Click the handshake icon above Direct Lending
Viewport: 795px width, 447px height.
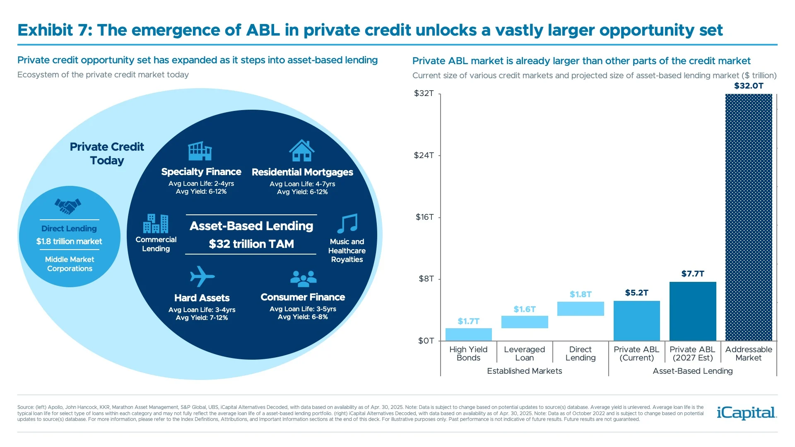tap(68, 206)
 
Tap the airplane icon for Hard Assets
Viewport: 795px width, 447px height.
tap(202, 276)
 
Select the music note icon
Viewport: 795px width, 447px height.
tap(347, 223)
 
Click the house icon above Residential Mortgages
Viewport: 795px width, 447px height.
tap(302, 151)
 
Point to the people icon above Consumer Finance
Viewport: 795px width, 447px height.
tap(303, 279)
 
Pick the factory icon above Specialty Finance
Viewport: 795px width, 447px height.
tap(200, 151)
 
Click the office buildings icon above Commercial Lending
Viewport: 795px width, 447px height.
tap(156, 223)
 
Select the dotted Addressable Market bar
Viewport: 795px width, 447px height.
tap(749, 217)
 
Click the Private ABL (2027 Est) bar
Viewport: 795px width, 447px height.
tap(693, 311)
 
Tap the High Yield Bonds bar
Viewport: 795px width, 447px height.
tap(468, 334)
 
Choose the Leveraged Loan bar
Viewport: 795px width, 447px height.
tap(525, 322)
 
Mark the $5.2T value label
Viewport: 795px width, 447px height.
tap(636, 293)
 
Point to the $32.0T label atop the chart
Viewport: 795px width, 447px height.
tap(749, 86)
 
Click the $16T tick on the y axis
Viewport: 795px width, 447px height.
tap(425, 217)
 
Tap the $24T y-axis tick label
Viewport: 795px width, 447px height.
tap(424, 155)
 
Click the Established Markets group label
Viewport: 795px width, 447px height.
tap(524, 371)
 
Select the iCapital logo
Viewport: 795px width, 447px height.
tap(747, 413)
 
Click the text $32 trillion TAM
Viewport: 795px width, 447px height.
tap(251, 244)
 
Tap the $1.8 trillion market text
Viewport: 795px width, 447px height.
tap(69, 241)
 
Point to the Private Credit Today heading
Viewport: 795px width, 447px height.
tap(107, 154)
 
